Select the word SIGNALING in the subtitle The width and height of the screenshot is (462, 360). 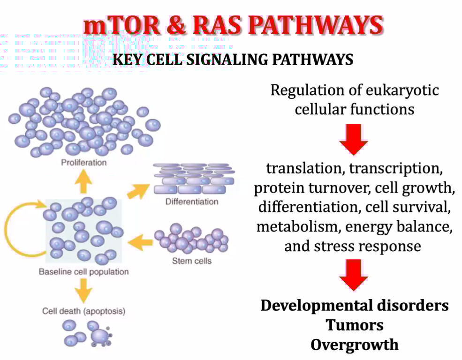tap(228, 60)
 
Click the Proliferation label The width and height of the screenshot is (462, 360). tap(84, 163)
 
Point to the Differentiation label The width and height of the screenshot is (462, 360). tap(192, 202)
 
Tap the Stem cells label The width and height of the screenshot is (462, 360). tap(191, 261)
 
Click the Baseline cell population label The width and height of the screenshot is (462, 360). tap(83, 271)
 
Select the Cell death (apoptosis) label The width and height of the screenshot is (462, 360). tap(84, 310)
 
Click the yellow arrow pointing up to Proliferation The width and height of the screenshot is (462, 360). tap(83, 183)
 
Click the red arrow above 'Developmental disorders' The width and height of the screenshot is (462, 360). tap(354, 274)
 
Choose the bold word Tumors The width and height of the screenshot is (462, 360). tap(355, 325)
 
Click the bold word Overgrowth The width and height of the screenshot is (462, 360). tap(355, 345)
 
